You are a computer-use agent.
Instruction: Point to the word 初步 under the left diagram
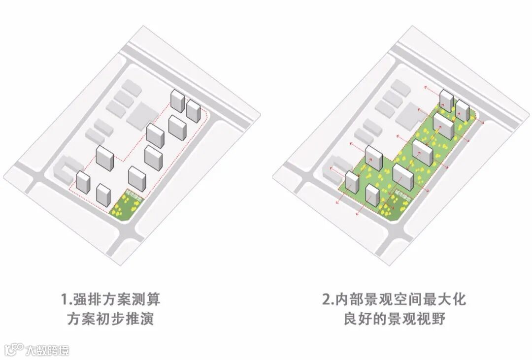pyautogui.click(x=115, y=319)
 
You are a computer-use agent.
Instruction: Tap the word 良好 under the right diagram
pyautogui.click(x=357, y=319)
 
